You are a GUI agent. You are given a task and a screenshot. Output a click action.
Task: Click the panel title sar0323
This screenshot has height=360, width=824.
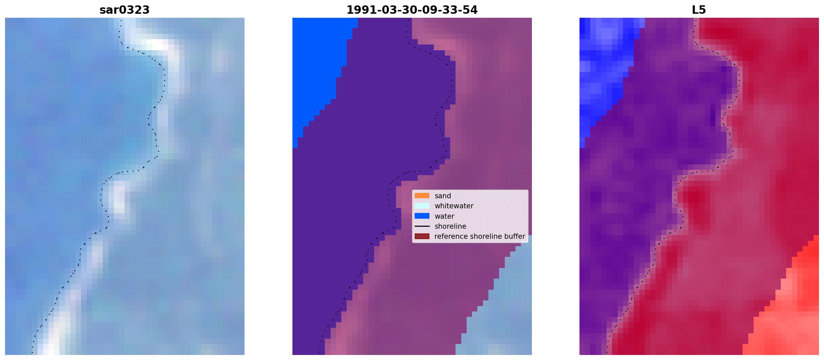[x=124, y=10]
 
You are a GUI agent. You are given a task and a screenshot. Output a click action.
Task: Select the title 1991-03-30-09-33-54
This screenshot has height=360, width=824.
[x=412, y=10]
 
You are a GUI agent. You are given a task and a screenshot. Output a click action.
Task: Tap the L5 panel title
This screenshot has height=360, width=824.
[x=699, y=10]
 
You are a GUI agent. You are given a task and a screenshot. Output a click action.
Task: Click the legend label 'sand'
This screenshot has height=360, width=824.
[x=442, y=196]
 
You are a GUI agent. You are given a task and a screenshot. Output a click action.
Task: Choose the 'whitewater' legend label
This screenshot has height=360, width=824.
[x=454, y=206]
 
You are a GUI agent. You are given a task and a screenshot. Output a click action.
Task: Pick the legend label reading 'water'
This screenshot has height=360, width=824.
[x=444, y=216]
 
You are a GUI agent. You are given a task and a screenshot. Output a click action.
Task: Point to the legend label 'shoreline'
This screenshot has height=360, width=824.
[x=450, y=226]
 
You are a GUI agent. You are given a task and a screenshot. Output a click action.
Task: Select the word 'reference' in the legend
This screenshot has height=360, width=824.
[x=451, y=236]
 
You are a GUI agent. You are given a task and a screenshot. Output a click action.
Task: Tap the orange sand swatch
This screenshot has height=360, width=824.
[x=422, y=196]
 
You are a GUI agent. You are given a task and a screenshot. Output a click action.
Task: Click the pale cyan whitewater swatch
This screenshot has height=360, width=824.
[x=422, y=206]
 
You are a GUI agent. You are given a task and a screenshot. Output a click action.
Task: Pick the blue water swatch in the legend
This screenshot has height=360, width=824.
[x=422, y=216]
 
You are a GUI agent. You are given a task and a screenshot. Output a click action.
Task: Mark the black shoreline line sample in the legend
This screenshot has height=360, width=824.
[x=422, y=226]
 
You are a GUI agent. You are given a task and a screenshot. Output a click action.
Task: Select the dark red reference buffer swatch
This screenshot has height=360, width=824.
[x=422, y=236]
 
